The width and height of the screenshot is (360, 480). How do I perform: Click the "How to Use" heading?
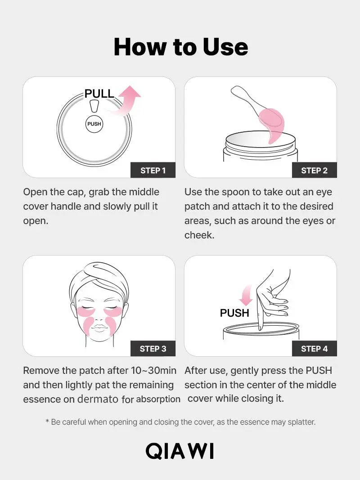coord(180,47)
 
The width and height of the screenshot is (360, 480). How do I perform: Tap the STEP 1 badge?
coord(153,170)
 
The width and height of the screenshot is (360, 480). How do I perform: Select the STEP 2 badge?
coord(314,170)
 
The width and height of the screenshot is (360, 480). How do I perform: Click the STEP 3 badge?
coord(153,349)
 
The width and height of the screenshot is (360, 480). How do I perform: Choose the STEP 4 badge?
coord(314,349)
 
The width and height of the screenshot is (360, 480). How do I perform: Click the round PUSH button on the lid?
coord(94,124)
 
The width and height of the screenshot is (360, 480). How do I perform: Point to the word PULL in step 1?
coord(99,94)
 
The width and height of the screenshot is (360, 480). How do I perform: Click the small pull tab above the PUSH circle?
coord(94,106)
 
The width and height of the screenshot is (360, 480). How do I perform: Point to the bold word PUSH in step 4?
coord(234,313)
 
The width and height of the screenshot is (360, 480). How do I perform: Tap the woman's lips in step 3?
coord(99,328)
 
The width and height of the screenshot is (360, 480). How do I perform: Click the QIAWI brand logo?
coord(180,451)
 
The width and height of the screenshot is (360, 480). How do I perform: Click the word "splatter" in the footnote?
coord(300,422)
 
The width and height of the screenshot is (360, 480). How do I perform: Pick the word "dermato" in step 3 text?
coord(98,399)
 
